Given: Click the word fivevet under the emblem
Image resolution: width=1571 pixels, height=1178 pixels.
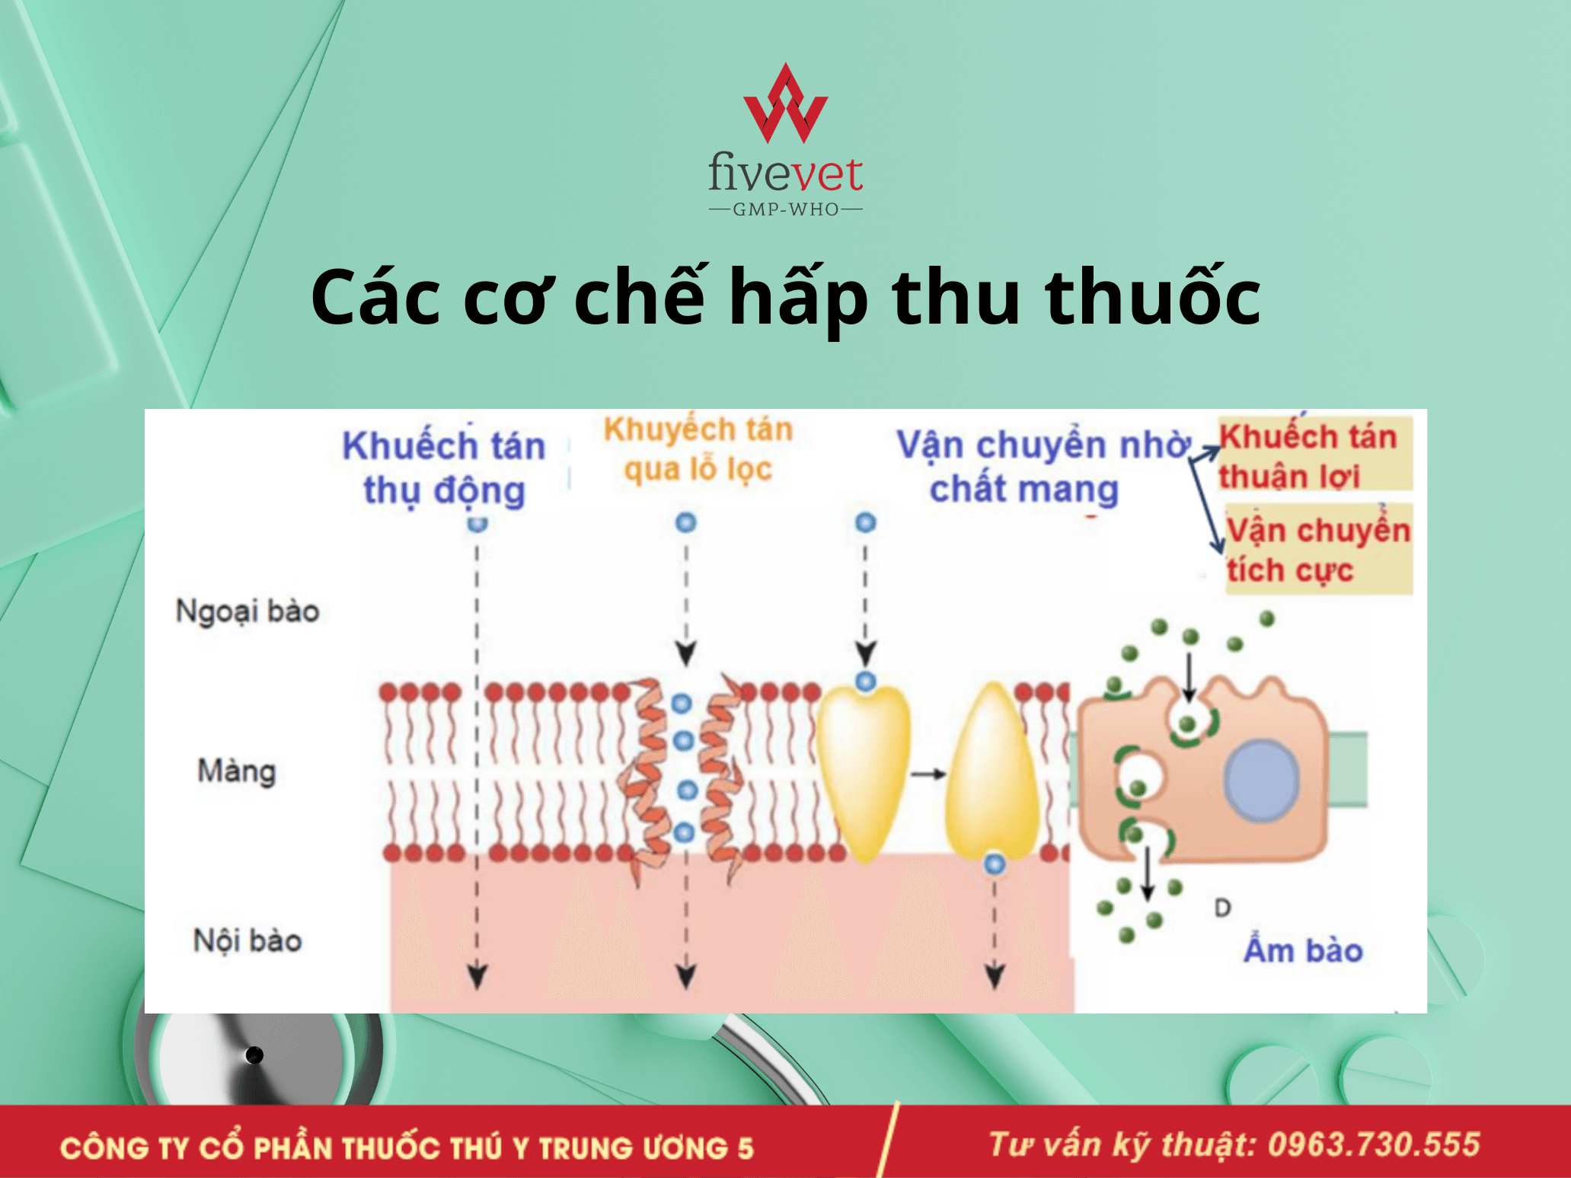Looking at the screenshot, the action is coord(785,172).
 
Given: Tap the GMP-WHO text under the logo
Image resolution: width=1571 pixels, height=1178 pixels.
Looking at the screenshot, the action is coord(786,209).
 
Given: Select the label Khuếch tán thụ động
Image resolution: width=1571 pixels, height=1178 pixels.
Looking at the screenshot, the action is coord(444,468).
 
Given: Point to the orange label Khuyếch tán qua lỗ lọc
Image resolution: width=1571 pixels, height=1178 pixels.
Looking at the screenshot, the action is coord(698,450).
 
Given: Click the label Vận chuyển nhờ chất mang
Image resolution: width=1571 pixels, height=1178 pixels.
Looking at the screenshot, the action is coord(1043,467).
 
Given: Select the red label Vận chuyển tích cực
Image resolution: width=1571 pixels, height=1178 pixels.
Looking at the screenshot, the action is coord(1318,549).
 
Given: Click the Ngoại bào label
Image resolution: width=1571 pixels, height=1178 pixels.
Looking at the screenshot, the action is coord(247,611).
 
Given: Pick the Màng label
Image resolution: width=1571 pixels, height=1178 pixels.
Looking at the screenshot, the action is coord(237,771).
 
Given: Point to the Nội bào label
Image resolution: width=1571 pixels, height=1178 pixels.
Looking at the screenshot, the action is coord(247,940).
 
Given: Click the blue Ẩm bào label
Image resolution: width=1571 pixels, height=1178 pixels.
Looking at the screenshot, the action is coord(1303,949).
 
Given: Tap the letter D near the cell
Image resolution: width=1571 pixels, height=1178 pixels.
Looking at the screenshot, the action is coord(1222,908).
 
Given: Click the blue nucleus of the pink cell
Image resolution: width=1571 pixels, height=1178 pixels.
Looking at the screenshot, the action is coord(1261,781).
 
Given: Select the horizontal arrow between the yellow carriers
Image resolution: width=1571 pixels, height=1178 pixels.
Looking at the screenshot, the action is coord(928,774).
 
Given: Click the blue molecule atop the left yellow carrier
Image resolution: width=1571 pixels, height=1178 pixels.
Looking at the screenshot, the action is coord(865,681).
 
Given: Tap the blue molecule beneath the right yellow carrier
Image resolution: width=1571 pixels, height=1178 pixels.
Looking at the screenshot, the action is coord(995,864).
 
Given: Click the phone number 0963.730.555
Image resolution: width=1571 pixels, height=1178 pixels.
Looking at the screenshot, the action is coord(1374,1144).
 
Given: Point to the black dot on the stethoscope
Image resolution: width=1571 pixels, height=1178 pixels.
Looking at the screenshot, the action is coord(254,1055).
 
